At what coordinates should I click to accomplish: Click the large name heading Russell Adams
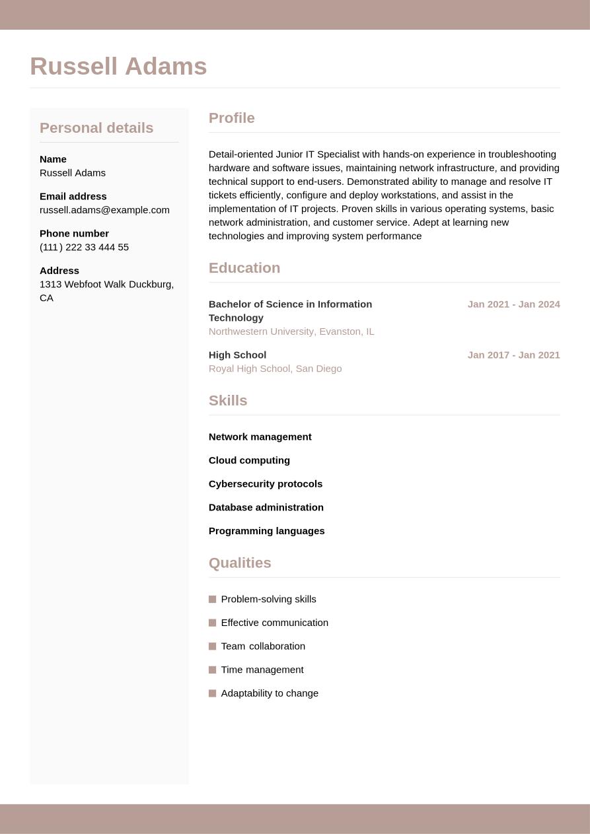pyautogui.click(x=118, y=67)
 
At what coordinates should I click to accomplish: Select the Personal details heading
pyautogui.click(x=96, y=128)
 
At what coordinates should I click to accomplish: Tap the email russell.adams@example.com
pyautogui.click(x=104, y=210)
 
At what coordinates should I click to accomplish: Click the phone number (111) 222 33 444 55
pyautogui.click(x=84, y=247)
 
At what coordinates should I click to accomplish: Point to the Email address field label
pyautogui.click(x=73, y=196)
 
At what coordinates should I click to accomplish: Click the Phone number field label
pyautogui.click(x=74, y=233)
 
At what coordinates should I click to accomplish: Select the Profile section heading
pyautogui.click(x=231, y=118)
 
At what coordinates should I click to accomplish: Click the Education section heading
pyautogui.click(x=244, y=268)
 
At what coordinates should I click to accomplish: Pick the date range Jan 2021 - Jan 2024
pyautogui.click(x=513, y=304)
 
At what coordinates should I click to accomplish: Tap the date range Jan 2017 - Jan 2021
pyautogui.click(x=513, y=355)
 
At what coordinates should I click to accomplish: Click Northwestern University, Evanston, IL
pyautogui.click(x=291, y=331)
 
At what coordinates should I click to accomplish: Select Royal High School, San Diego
pyautogui.click(x=275, y=368)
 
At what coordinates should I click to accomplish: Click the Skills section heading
pyautogui.click(x=227, y=401)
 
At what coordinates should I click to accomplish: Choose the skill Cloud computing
pyautogui.click(x=249, y=460)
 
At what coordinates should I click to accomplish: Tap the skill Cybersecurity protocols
pyautogui.click(x=266, y=484)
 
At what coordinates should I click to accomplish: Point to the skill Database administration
pyautogui.click(x=266, y=507)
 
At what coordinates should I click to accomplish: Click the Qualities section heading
pyautogui.click(x=240, y=563)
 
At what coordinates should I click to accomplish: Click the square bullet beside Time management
pyautogui.click(x=213, y=670)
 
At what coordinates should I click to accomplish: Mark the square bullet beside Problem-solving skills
pyautogui.click(x=213, y=600)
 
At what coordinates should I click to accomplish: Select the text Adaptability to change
pyautogui.click(x=270, y=693)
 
